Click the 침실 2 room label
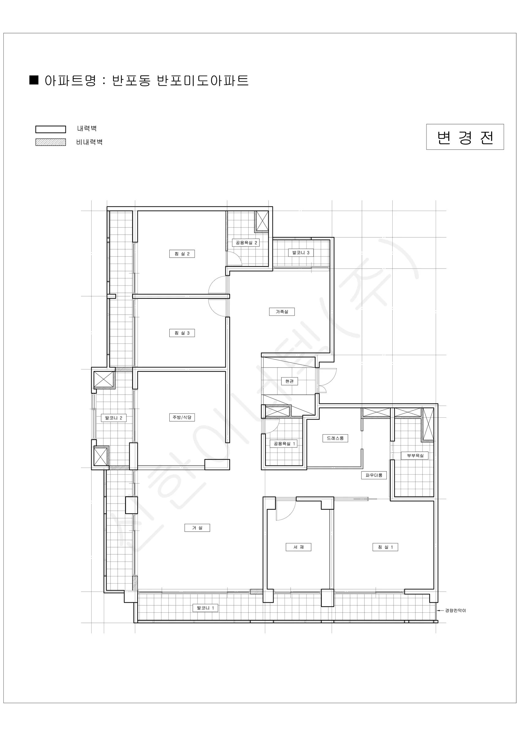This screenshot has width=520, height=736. [182, 254]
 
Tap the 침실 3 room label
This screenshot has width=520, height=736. [182, 333]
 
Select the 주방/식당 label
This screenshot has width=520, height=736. [182, 417]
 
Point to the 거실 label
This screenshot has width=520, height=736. [197, 528]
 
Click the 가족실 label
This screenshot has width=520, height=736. [282, 312]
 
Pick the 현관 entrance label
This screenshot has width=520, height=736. [289, 381]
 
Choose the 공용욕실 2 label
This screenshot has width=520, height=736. [246, 243]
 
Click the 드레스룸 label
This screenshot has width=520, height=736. [335, 438]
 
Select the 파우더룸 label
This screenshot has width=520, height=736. [374, 475]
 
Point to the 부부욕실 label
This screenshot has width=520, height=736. [415, 455]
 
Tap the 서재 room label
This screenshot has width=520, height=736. [298, 547]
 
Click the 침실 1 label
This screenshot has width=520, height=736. [385, 547]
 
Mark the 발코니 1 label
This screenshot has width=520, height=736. [205, 608]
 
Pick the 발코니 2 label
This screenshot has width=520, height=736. [114, 418]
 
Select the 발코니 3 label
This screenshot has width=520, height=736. [301, 253]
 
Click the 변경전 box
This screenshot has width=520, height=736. [465, 137]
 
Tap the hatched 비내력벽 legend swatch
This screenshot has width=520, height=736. [51, 142]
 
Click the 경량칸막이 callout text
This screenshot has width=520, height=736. [455, 610]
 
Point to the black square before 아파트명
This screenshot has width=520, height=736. [34, 80]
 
